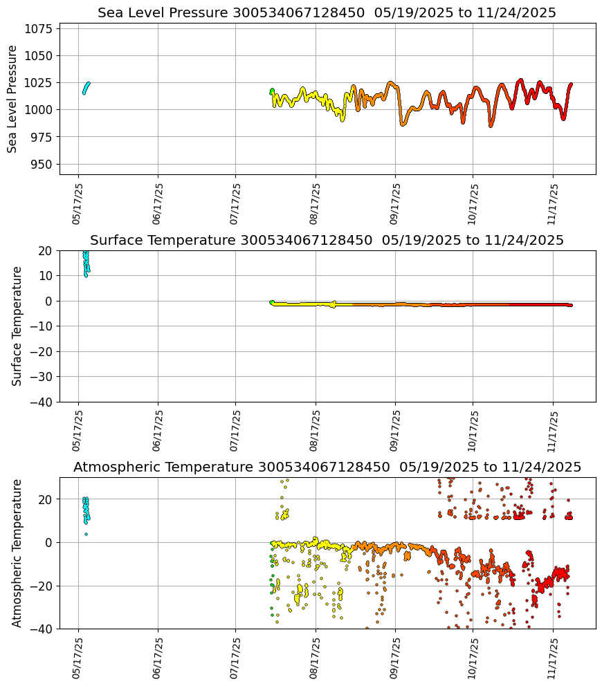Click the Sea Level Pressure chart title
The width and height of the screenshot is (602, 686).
tap(327, 13)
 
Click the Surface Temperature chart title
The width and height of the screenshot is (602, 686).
tap(327, 241)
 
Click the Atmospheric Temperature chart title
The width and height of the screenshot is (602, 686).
tap(327, 467)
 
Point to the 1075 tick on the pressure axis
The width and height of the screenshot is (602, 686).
tap(37, 28)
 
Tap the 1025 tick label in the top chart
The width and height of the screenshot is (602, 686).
tap(37, 83)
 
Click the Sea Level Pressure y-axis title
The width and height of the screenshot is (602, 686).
tap(13, 99)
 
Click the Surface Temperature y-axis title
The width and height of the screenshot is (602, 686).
tap(17, 326)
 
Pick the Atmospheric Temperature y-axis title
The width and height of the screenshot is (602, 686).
tap(17, 553)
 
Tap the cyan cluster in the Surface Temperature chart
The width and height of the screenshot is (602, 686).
tap(86, 263)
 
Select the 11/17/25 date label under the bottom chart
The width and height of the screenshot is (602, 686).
tap(552, 658)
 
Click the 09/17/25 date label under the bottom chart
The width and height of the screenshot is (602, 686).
tap(394, 658)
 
